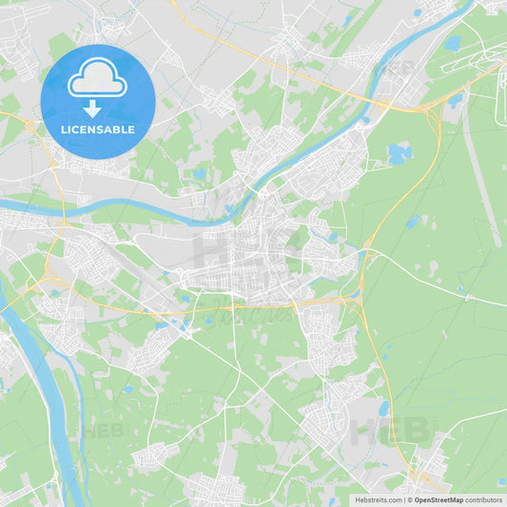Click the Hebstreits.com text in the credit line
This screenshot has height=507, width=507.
click(378, 499)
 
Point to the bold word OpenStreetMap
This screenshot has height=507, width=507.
click(439, 499)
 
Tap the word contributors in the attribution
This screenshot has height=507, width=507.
click(483, 499)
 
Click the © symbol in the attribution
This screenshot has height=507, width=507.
click(410, 499)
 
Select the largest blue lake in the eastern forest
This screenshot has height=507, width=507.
click(398, 152)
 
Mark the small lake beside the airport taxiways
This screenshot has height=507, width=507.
click(452, 43)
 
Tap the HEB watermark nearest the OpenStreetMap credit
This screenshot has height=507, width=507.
click(390, 432)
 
